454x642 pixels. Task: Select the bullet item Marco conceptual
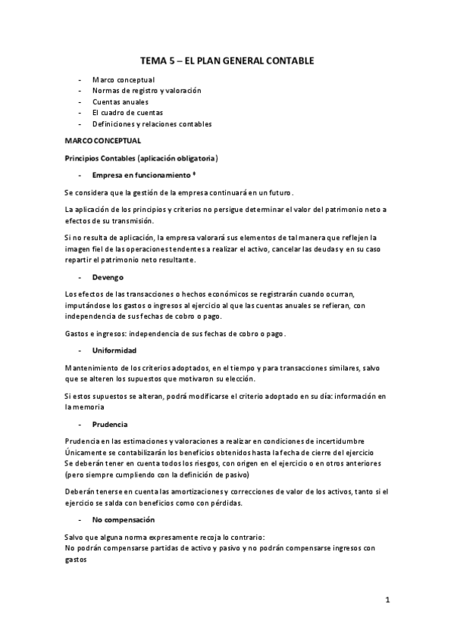[x=123, y=79]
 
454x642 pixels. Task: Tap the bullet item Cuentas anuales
[x=120, y=101]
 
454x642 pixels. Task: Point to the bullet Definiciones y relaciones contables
[x=152, y=124]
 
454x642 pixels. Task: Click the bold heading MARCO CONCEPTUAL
[x=102, y=141]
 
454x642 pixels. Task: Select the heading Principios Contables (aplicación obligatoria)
[x=142, y=158]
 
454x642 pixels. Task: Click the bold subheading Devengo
[x=108, y=278]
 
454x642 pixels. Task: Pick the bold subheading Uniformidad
[x=114, y=351]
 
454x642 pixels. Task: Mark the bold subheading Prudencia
[x=110, y=424]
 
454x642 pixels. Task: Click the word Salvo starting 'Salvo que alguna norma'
[x=74, y=536]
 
